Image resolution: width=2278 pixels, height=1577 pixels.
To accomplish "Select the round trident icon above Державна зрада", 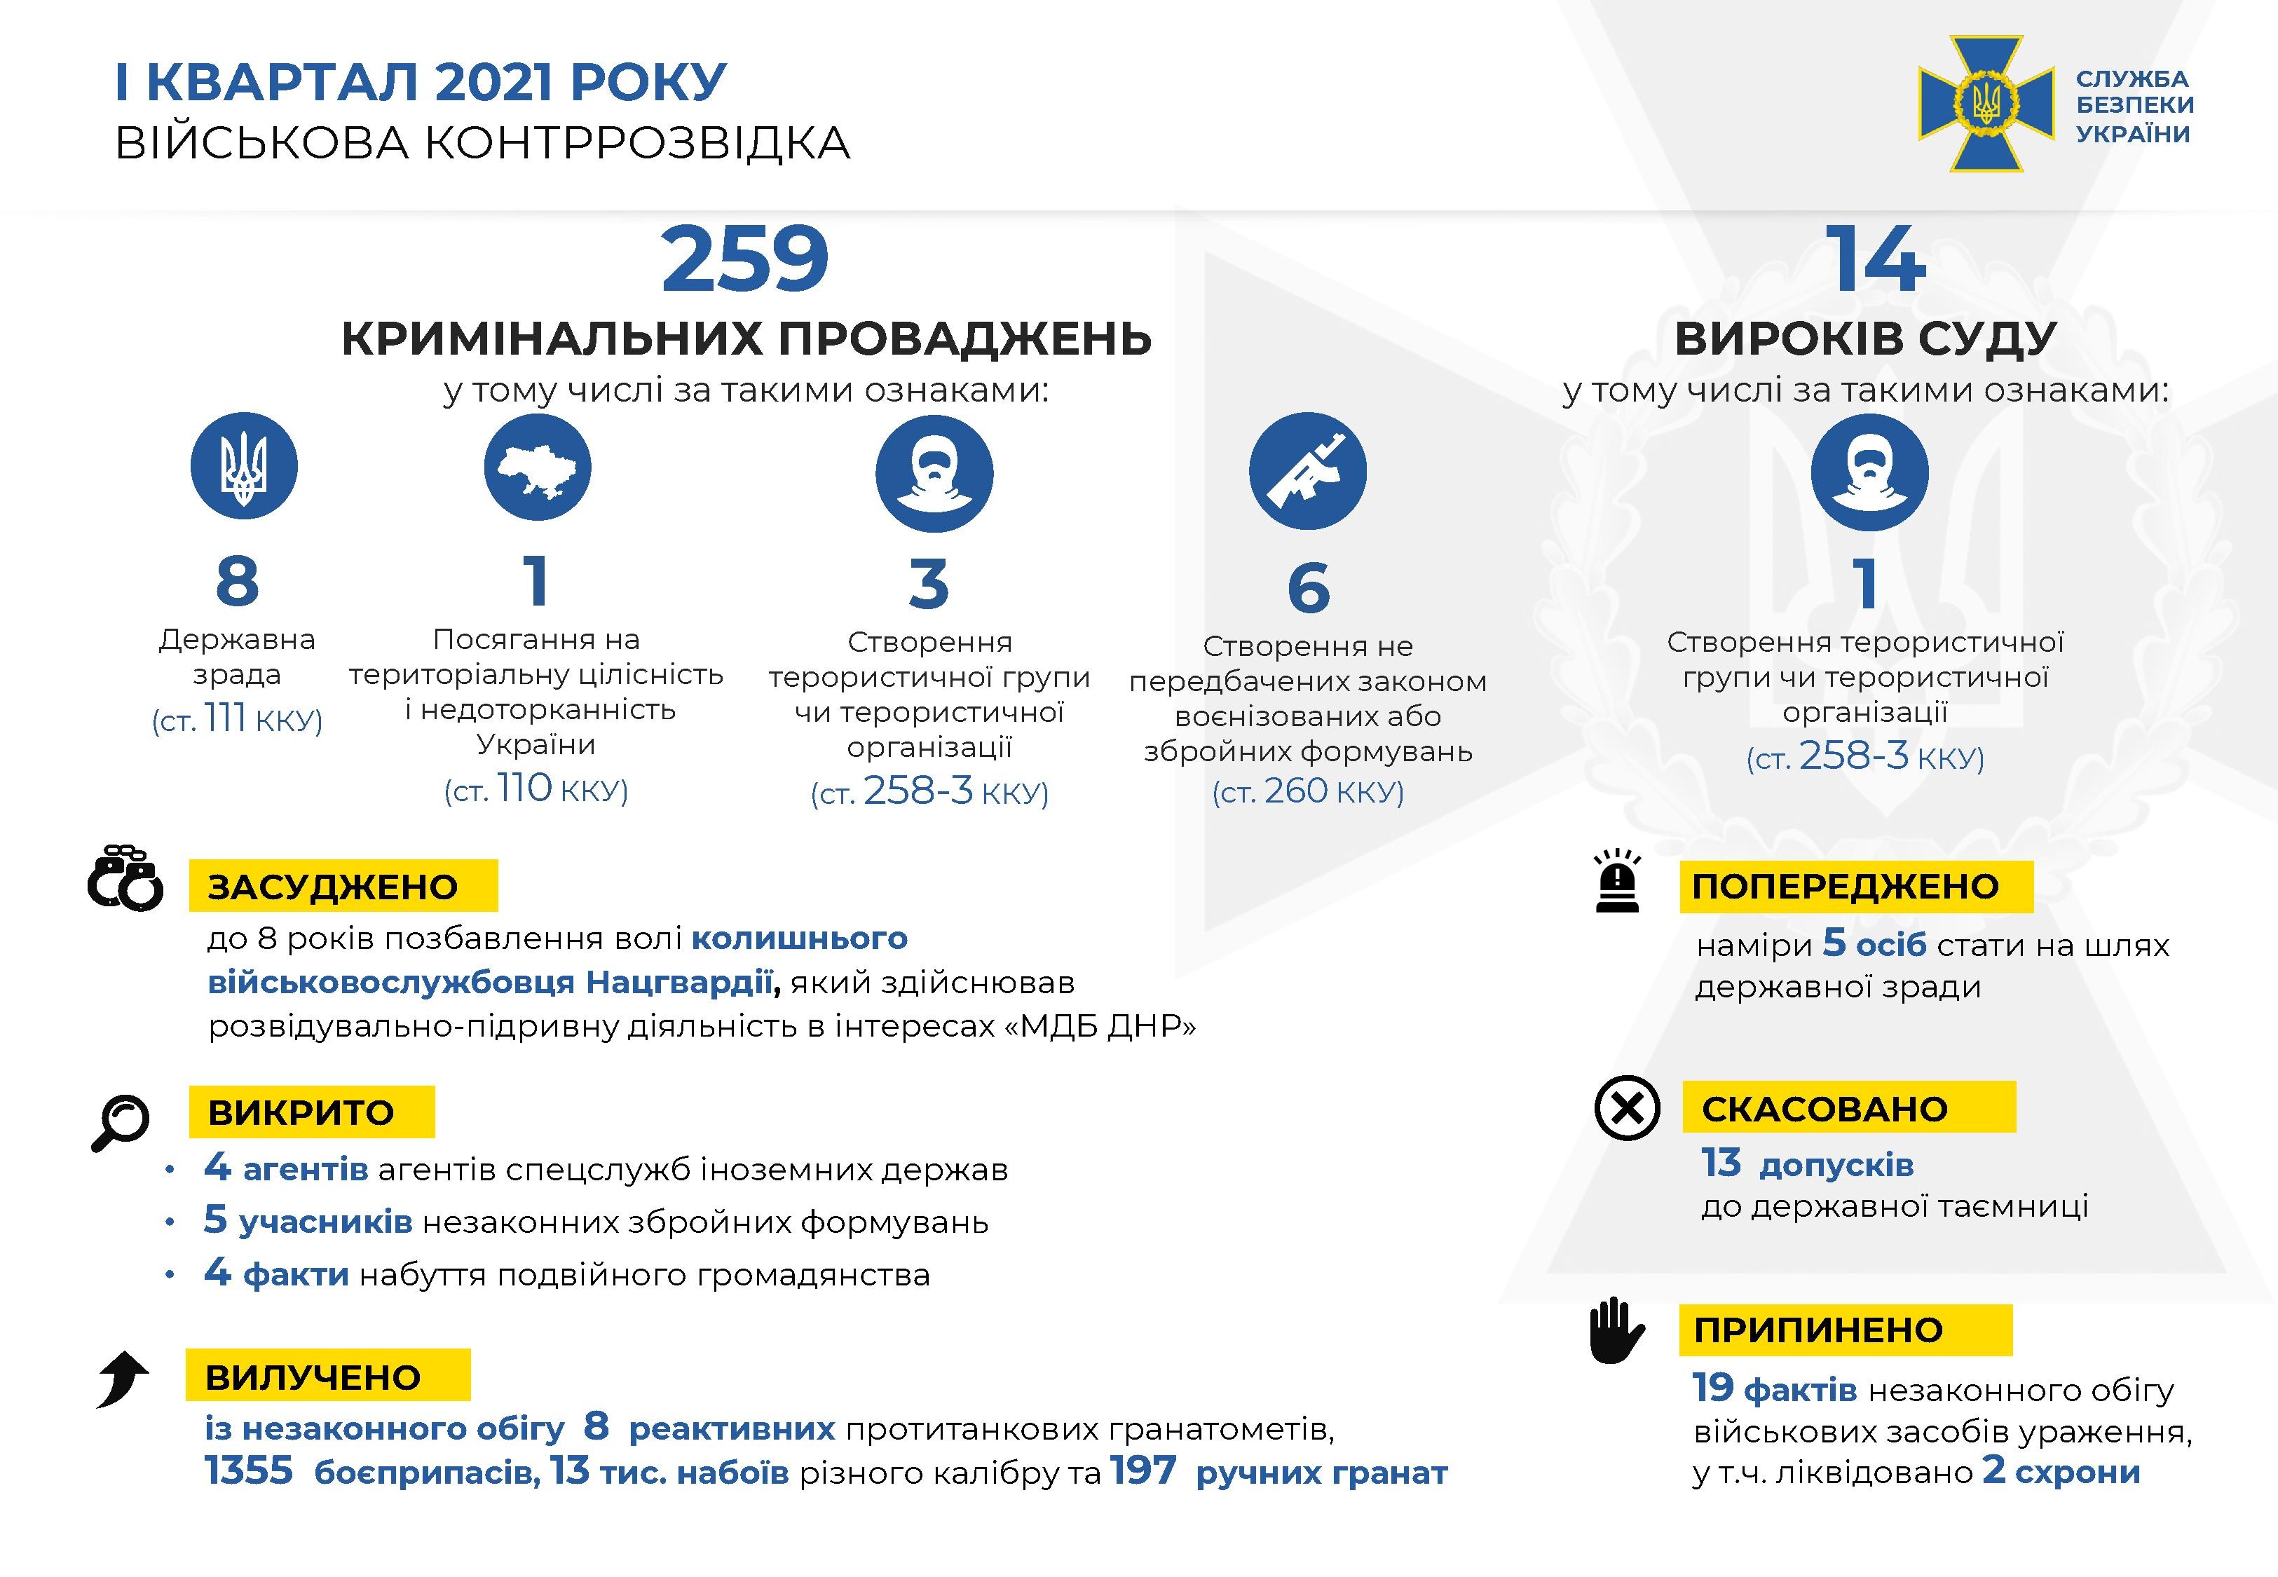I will coord(244,466).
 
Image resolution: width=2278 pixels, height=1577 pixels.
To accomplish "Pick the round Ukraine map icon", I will coord(538,466).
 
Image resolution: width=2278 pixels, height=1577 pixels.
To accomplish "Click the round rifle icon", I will coord(1307,471).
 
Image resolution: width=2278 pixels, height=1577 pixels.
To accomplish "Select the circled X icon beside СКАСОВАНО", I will coord(1627,1107).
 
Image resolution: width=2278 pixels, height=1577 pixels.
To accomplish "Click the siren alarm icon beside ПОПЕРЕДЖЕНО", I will coord(1617,880).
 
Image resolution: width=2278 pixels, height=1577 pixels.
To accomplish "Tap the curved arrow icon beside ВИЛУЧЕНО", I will coord(123,1377).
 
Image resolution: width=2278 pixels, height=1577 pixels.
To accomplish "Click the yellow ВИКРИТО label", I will coord(311,1112).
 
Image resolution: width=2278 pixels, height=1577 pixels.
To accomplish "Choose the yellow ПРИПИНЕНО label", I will coord(1844,1330).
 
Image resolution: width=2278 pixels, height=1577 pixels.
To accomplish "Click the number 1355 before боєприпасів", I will coord(249,1470).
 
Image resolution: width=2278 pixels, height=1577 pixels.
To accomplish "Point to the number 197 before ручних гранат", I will coord(1143,1470).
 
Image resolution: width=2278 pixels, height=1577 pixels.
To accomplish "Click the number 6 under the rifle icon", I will coord(1308,588).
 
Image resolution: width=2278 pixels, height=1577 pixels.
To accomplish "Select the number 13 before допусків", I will coord(1721,1163).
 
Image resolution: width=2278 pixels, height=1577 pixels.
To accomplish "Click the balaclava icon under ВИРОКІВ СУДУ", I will coord(1868,471).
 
